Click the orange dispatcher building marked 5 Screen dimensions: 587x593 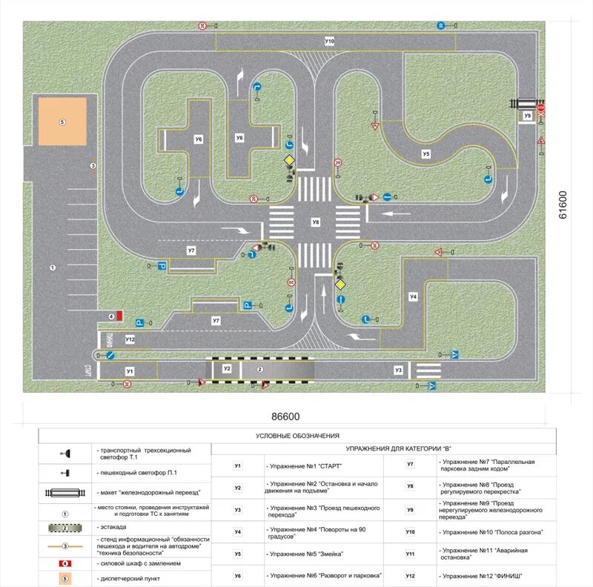(62, 122)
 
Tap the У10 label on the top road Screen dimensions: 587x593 (329, 41)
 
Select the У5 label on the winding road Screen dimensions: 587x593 (425, 154)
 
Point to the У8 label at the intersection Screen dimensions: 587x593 (316, 222)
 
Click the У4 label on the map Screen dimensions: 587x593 (414, 296)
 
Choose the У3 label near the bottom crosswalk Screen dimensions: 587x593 (398, 369)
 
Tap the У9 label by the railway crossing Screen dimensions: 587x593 (527, 116)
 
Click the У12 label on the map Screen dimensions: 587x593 (130, 339)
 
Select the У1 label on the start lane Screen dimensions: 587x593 (130, 369)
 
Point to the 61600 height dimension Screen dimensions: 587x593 (563, 205)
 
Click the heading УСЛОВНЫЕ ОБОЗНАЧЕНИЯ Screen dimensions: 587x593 (296, 436)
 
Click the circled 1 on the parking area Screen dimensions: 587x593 (53, 267)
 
